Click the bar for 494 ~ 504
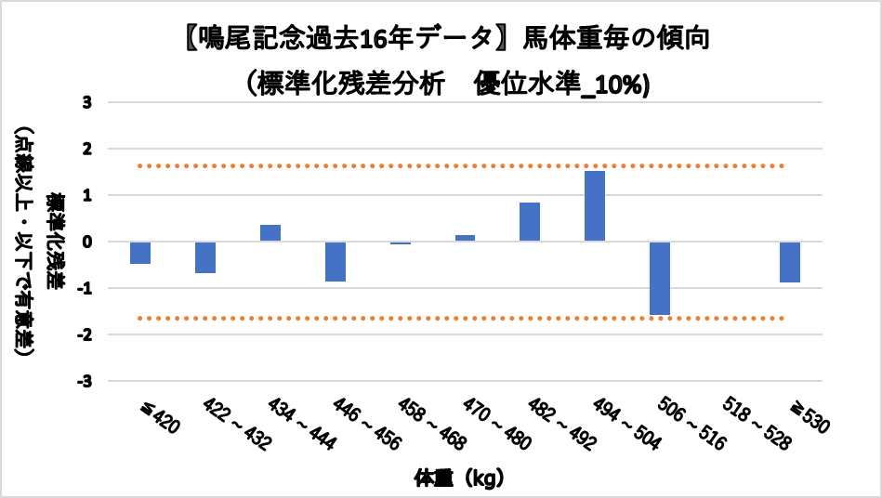pyautogui.click(x=595, y=206)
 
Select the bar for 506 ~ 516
pyautogui.click(x=660, y=279)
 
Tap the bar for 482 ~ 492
pyautogui.click(x=530, y=222)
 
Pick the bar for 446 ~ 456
pyautogui.click(x=336, y=261)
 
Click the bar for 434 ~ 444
pyautogui.click(x=270, y=233)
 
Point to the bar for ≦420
pyautogui.click(x=140, y=253)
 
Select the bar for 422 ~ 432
pyautogui.click(x=205, y=257)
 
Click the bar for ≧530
pyautogui.click(x=790, y=262)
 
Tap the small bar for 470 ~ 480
pyautogui.click(x=465, y=238)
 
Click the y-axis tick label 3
pyautogui.click(x=86, y=102)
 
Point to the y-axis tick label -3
pyautogui.click(x=84, y=381)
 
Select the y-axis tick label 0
pyautogui.click(x=86, y=242)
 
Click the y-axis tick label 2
pyautogui.click(x=86, y=149)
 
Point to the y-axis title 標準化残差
pyautogui.click(x=58, y=242)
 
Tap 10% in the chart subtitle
pyautogui.click(x=622, y=84)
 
